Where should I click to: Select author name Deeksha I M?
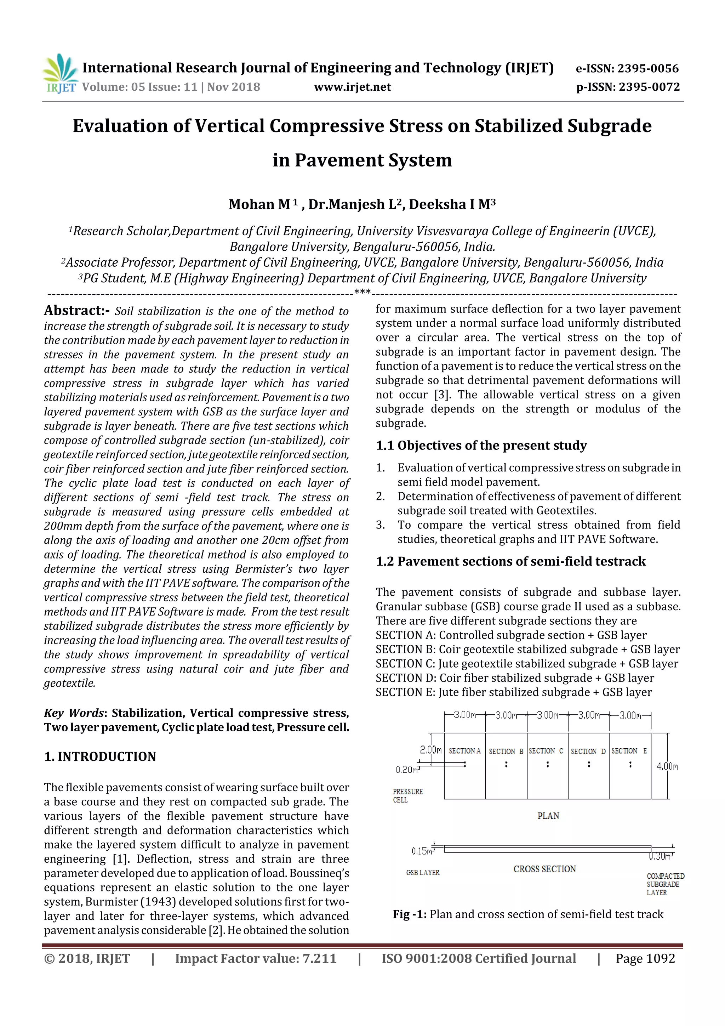452,204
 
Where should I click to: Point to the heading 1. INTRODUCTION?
100,756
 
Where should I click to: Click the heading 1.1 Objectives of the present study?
481,446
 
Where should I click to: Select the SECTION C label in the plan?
546,751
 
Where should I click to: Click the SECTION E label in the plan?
629,751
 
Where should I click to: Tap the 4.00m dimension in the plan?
667,766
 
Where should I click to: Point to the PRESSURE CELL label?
407,795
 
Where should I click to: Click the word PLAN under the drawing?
548,816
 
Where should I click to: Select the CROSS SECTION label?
544,869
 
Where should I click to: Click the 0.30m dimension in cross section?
660,857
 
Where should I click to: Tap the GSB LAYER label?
423,872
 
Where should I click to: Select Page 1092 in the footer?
645,958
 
